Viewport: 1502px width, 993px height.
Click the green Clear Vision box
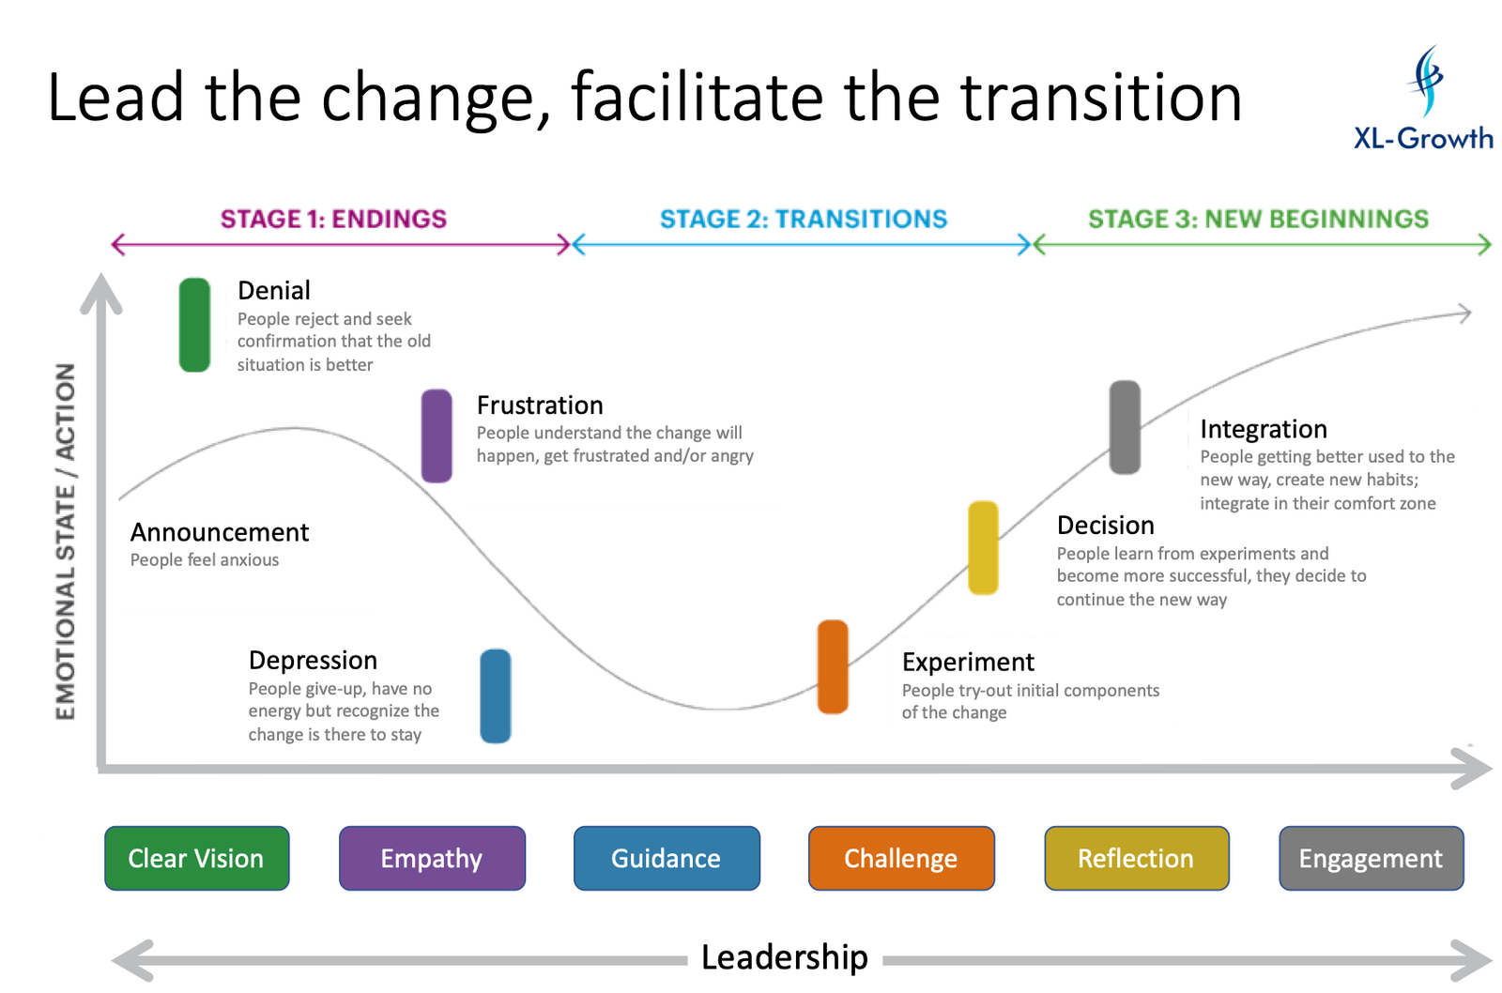pos(196,858)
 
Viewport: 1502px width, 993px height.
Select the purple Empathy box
pos(432,858)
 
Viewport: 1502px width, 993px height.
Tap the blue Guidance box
pos(667,858)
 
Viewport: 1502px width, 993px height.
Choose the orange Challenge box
pos(901,858)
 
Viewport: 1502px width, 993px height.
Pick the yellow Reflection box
pos(1136,858)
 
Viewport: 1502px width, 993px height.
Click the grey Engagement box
pos(1371,858)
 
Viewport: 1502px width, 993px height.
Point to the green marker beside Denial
pos(195,325)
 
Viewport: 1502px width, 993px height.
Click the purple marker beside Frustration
pos(437,435)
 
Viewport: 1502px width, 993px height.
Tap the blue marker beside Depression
pos(496,695)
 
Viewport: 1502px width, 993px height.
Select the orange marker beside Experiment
pos(833,666)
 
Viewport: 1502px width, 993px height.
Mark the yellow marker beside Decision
pos(983,548)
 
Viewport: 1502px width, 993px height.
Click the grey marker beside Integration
pos(1125,427)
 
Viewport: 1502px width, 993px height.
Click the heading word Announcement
pos(220,532)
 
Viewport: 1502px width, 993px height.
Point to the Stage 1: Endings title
pos(334,220)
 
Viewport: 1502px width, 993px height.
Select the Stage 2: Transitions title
pos(804,220)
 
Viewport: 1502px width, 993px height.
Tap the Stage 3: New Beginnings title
pos(1258,220)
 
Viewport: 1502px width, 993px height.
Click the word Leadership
pos(785,957)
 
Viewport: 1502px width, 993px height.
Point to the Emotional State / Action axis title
pos(65,542)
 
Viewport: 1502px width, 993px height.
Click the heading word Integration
pos(1264,429)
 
